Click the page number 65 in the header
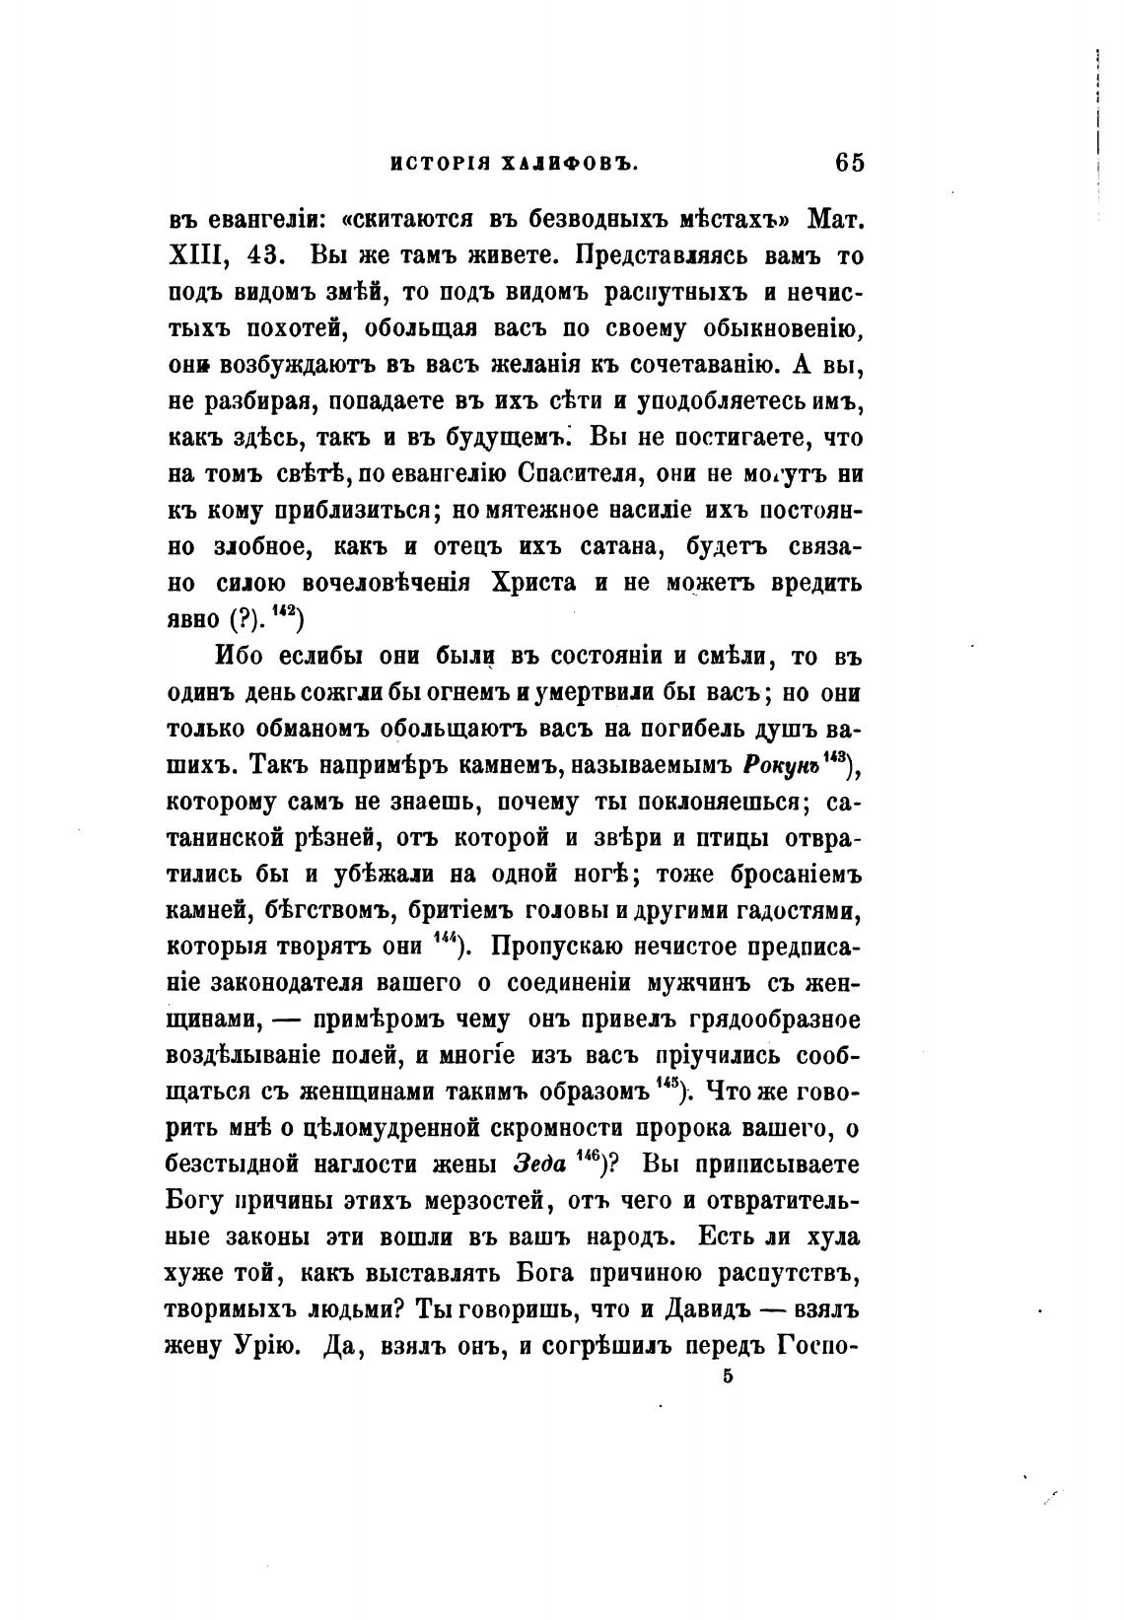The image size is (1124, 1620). [848, 162]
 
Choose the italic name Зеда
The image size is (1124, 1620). [538, 1164]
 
